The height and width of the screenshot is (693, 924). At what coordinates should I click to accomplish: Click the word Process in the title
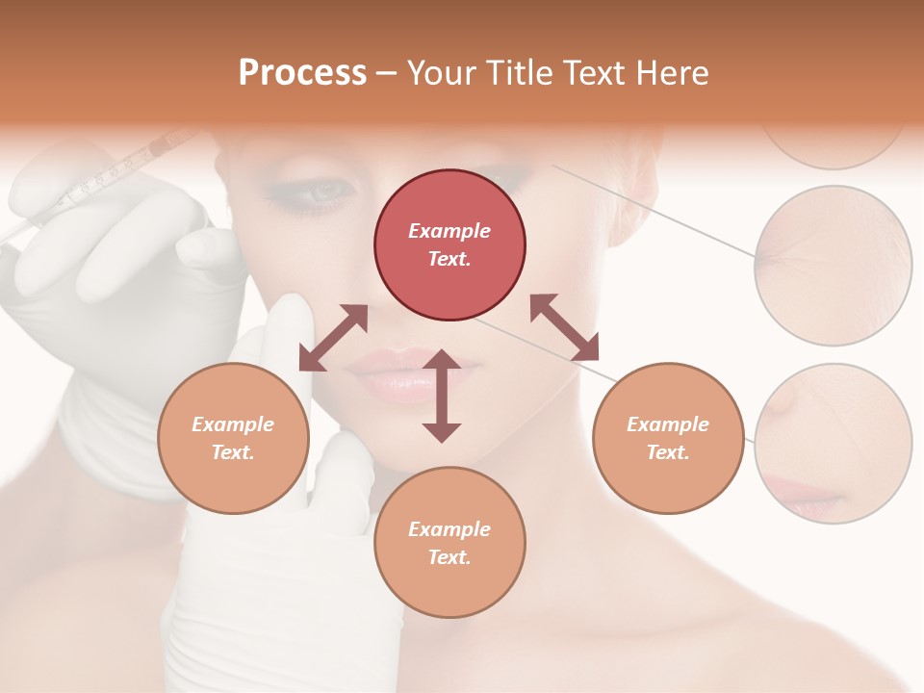(302, 73)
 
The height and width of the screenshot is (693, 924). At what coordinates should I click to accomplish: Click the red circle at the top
(449, 244)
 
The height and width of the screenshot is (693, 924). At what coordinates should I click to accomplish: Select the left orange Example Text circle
(233, 438)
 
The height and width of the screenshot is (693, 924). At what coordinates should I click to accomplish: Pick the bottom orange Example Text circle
(449, 543)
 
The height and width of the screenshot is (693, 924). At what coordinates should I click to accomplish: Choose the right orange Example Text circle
(668, 438)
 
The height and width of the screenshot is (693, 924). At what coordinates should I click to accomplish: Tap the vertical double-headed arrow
(442, 396)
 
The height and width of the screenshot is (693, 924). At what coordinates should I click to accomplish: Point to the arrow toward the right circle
(564, 327)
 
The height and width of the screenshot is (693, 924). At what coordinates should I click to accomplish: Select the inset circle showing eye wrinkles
(834, 266)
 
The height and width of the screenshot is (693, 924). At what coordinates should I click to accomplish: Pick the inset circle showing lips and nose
(834, 444)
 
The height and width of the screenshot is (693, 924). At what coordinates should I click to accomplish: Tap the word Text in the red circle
(449, 259)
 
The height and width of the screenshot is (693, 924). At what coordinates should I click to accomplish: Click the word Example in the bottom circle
(449, 529)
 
